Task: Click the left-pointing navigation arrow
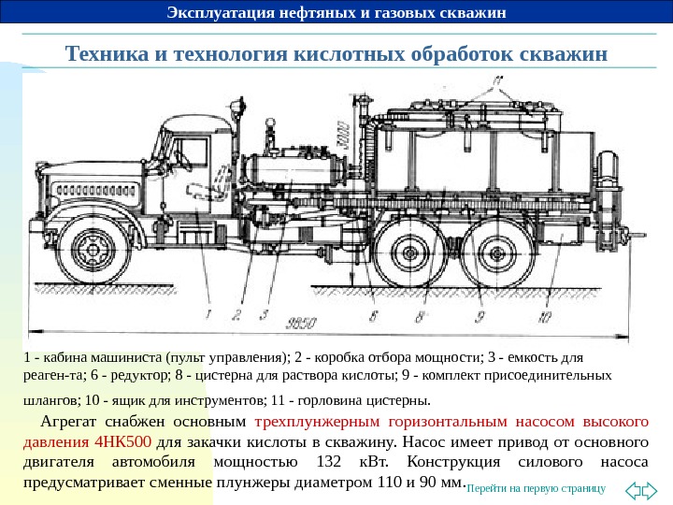point(632,488)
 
